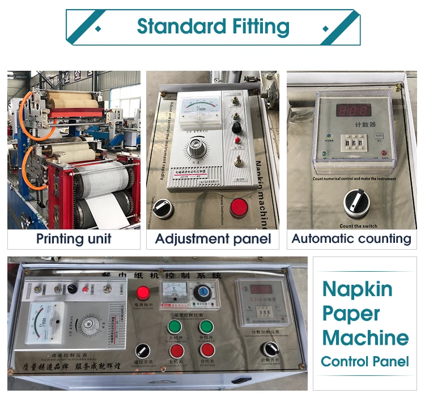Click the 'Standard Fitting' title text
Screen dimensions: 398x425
[x=213, y=27]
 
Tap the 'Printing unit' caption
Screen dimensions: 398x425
[x=74, y=238]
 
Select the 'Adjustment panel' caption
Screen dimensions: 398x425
[x=213, y=238]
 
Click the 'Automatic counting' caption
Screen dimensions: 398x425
[x=351, y=238]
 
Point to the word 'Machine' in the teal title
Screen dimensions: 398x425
[x=365, y=338]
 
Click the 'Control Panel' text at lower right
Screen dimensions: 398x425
[x=365, y=361]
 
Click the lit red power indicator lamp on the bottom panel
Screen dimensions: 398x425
[x=143, y=293]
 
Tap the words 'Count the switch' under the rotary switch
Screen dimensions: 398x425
[x=351, y=225]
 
